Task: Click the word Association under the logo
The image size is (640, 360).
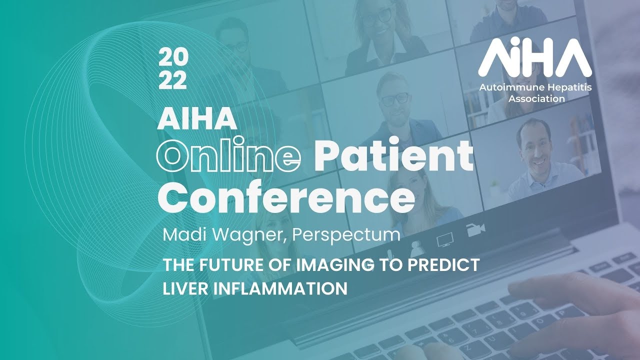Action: (x=536, y=98)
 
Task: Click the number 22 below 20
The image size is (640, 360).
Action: (x=173, y=80)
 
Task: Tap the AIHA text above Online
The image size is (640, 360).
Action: (x=197, y=118)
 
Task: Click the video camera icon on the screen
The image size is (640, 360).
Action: (x=475, y=229)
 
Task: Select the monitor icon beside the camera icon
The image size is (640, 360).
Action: (x=444, y=240)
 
